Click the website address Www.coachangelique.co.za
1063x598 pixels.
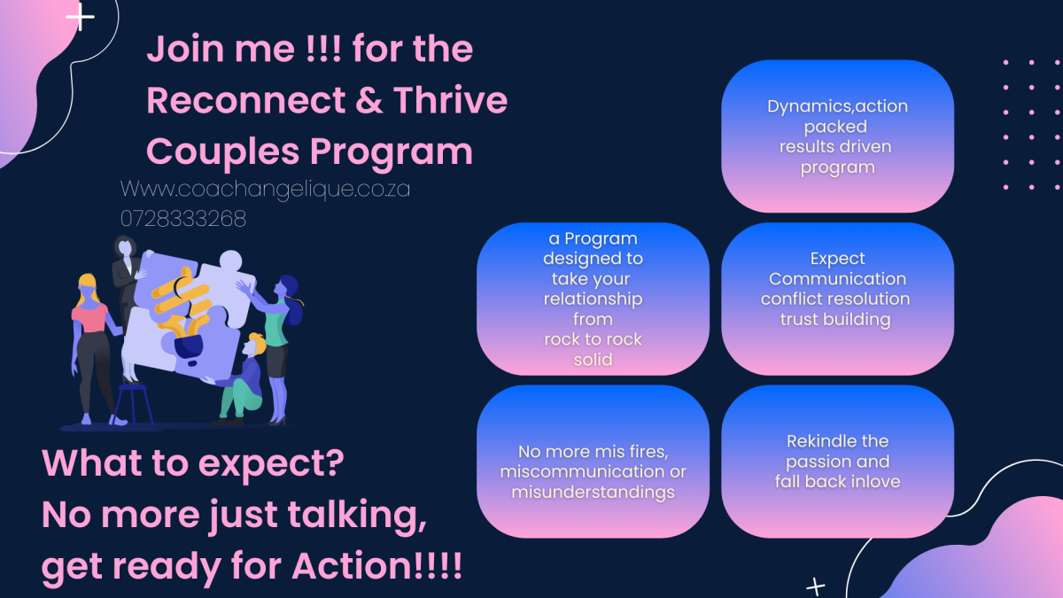pyautogui.click(x=265, y=190)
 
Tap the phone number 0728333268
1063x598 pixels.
pyautogui.click(x=183, y=219)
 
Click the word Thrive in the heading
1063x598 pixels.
pyautogui.click(x=450, y=100)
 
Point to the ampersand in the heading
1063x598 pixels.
pyautogui.click(x=369, y=101)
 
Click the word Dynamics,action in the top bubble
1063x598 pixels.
pyautogui.click(x=838, y=107)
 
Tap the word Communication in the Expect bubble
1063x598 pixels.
pyautogui.click(x=838, y=279)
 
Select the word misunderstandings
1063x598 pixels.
pyautogui.click(x=594, y=493)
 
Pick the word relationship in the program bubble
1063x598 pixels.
pyautogui.click(x=594, y=300)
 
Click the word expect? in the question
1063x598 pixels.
pyautogui.click(x=271, y=464)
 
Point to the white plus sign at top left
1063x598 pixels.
pyautogui.click(x=81, y=17)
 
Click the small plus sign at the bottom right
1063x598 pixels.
pyautogui.click(x=816, y=587)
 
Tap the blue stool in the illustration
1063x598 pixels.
pyautogui.click(x=134, y=404)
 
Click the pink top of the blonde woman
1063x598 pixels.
pyautogui.click(x=89, y=318)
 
